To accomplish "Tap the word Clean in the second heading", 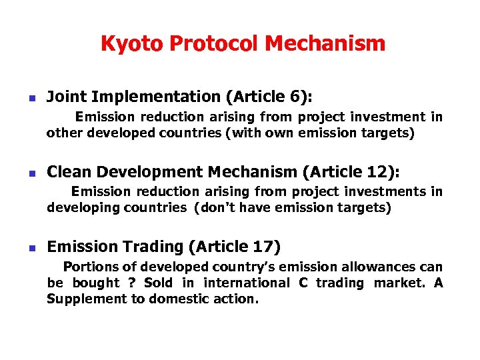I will pyautogui.click(x=68, y=172).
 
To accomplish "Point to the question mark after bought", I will pyautogui.click(x=131, y=283).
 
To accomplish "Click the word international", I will pyautogui.click(x=247, y=283).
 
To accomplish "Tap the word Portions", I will pyautogui.click(x=89, y=267).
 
